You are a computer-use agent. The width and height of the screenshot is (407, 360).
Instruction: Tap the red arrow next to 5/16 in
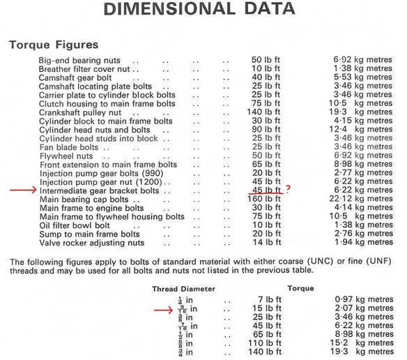pyautogui.click(x=164, y=308)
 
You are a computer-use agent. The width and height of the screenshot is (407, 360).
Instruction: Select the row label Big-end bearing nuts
pyautogui.click(x=79, y=61)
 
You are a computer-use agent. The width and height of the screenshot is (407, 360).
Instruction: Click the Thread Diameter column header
pyautogui.click(x=183, y=288)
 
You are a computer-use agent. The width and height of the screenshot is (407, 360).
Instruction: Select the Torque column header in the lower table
pyautogui.click(x=300, y=288)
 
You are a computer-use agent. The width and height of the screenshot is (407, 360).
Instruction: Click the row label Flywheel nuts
pyautogui.click(x=66, y=156)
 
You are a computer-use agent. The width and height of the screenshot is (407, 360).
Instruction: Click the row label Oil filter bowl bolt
pyautogui.click(x=75, y=226)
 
